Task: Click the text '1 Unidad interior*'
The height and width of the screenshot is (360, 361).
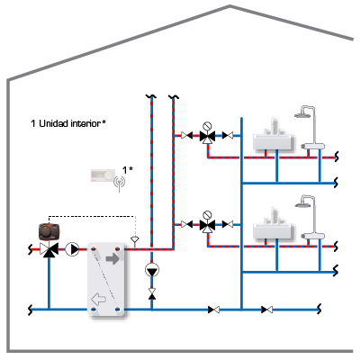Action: point(68,123)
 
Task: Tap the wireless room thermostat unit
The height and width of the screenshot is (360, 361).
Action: point(103,175)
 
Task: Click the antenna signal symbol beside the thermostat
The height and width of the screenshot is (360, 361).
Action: point(120,183)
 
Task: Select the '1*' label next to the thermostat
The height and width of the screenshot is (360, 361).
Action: point(128,170)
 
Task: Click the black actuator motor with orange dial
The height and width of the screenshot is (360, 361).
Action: point(49,231)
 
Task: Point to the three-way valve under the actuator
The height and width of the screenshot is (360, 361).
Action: point(49,249)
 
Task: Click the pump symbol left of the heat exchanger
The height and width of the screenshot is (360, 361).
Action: point(72,249)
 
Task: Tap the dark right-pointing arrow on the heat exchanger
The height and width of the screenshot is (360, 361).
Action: point(113,258)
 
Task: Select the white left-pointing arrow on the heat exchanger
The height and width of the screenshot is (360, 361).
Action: point(98,299)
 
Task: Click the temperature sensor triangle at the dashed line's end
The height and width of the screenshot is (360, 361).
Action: point(134,239)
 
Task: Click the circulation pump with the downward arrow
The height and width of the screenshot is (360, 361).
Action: point(152,270)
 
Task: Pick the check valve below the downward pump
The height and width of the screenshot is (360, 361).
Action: point(152,293)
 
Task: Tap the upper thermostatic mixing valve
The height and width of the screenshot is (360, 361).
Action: point(207,137)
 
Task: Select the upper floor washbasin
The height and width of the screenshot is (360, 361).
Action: point(273,138)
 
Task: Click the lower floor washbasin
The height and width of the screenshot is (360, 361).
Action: point(273,227)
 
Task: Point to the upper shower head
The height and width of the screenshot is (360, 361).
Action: point(302,114)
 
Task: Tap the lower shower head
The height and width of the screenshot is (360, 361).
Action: point(302,204)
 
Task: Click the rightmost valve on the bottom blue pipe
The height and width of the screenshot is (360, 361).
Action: point(266,310)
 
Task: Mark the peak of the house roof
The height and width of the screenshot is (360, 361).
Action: point(230,5)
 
